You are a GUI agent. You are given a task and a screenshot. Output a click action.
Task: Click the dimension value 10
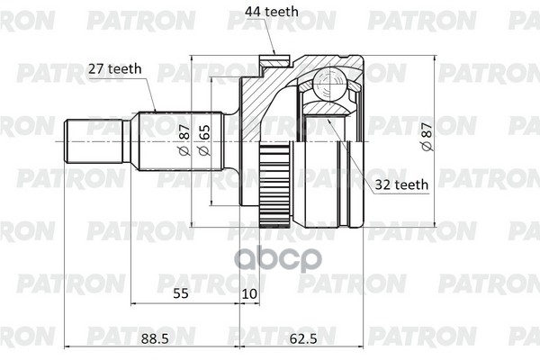click(x=248, y=293)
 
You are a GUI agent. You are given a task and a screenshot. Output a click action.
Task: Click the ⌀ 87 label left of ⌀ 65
click(x=184, y=141)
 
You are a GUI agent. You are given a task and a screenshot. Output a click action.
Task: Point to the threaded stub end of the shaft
click(x=86, y=142)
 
